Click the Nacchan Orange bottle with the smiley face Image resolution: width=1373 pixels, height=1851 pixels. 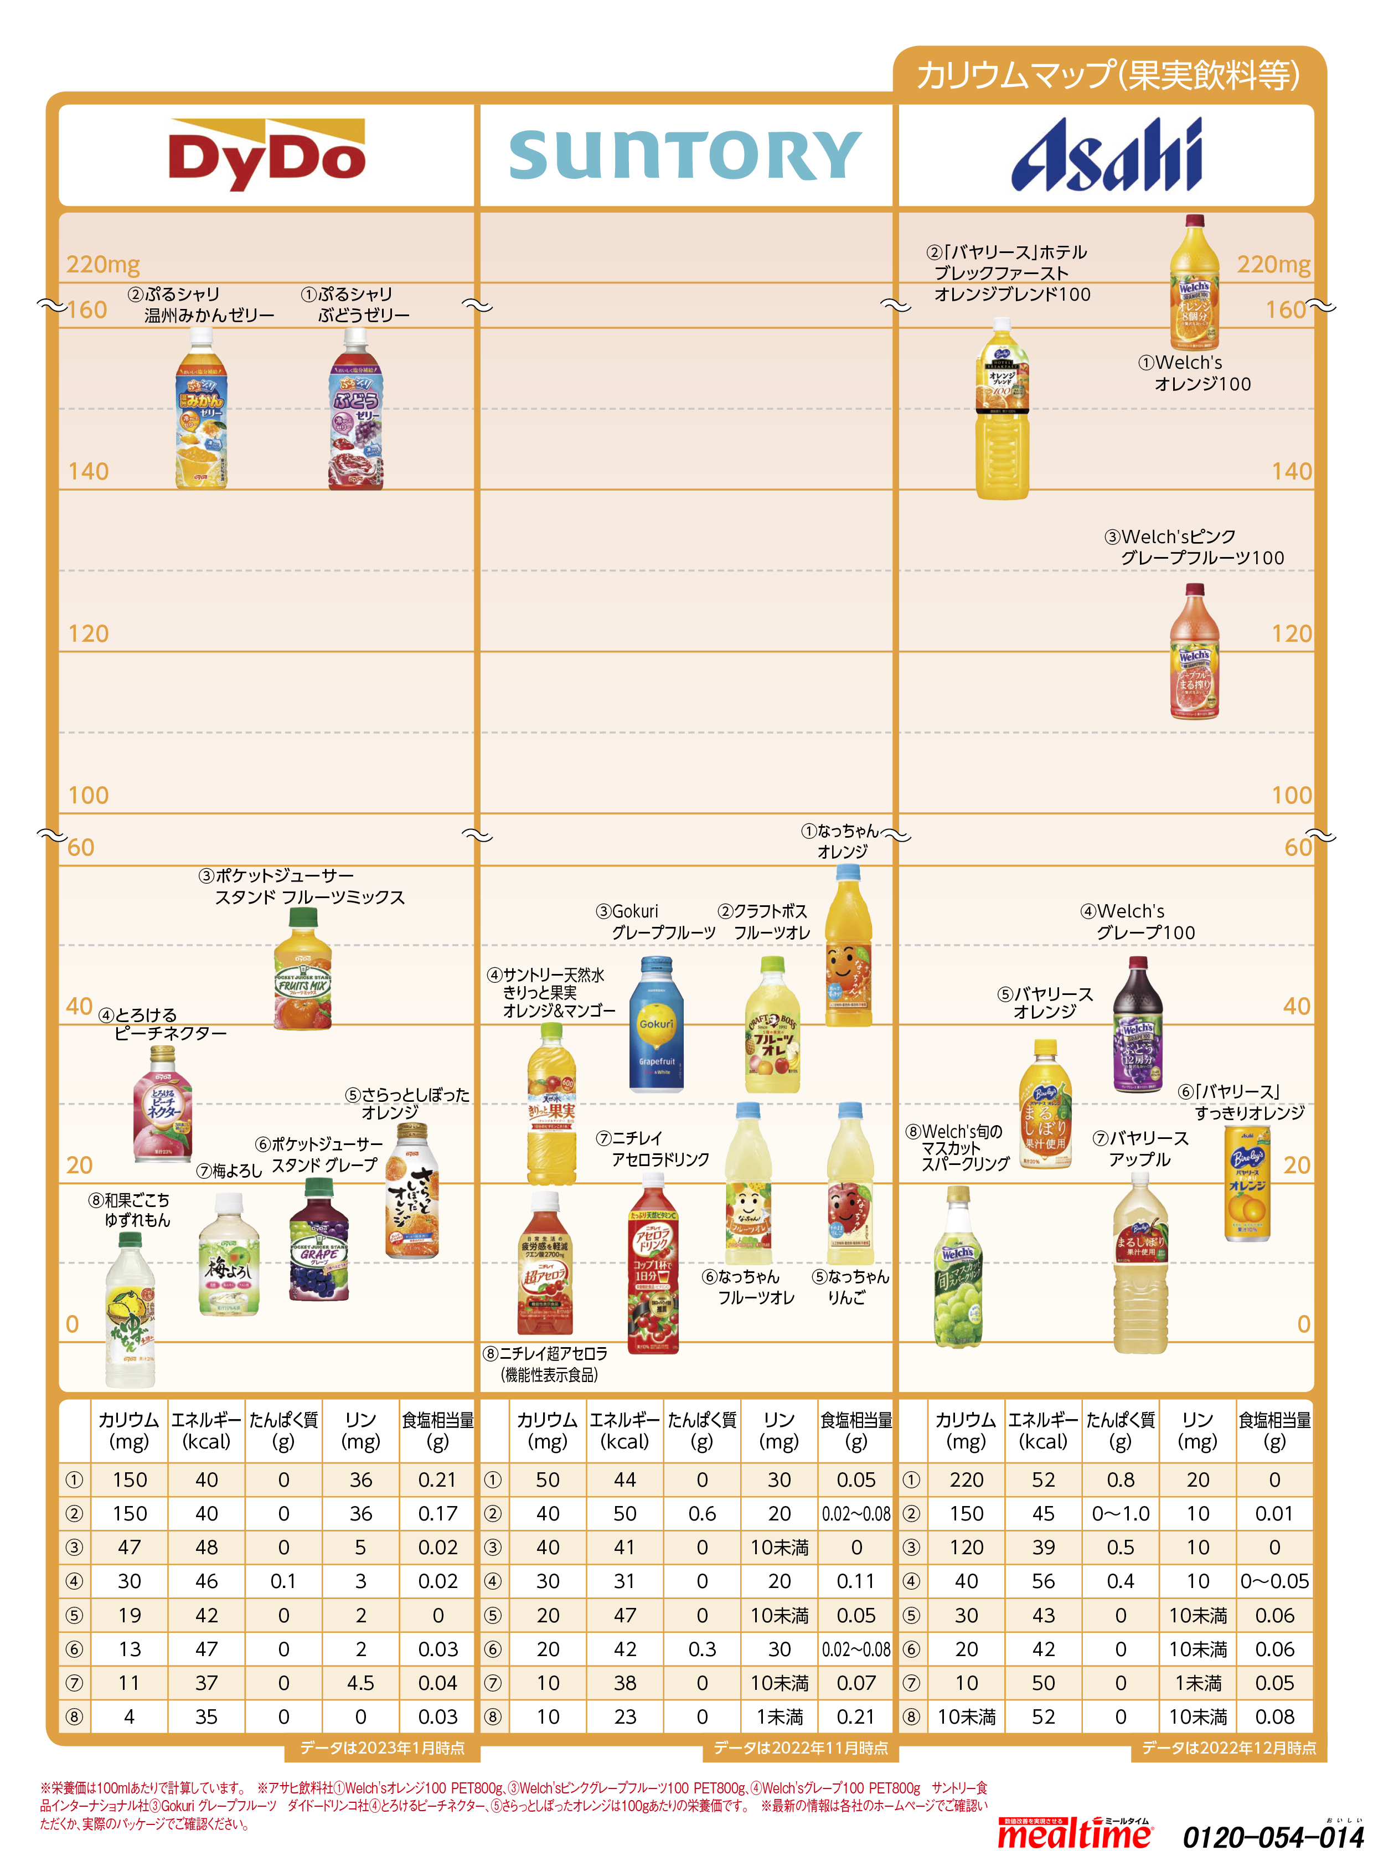click(x=848, y=947)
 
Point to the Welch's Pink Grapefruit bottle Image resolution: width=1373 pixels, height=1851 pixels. click(x=1194, y=652)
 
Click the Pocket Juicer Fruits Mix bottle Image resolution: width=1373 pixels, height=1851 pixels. click(x=302, y=970)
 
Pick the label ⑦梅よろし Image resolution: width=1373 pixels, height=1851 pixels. click(x=229, y=1171)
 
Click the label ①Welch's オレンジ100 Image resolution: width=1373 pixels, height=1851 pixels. click(x=1194, y=373)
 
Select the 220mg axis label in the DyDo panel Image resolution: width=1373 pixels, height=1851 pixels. click(x=103, y=264)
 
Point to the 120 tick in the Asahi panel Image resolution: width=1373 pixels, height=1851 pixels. click(x=1291, y=633)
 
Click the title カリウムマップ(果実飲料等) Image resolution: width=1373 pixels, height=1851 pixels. click(x=1107, y=75)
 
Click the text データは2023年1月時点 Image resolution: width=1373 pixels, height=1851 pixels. click(x=383, y=1748)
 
